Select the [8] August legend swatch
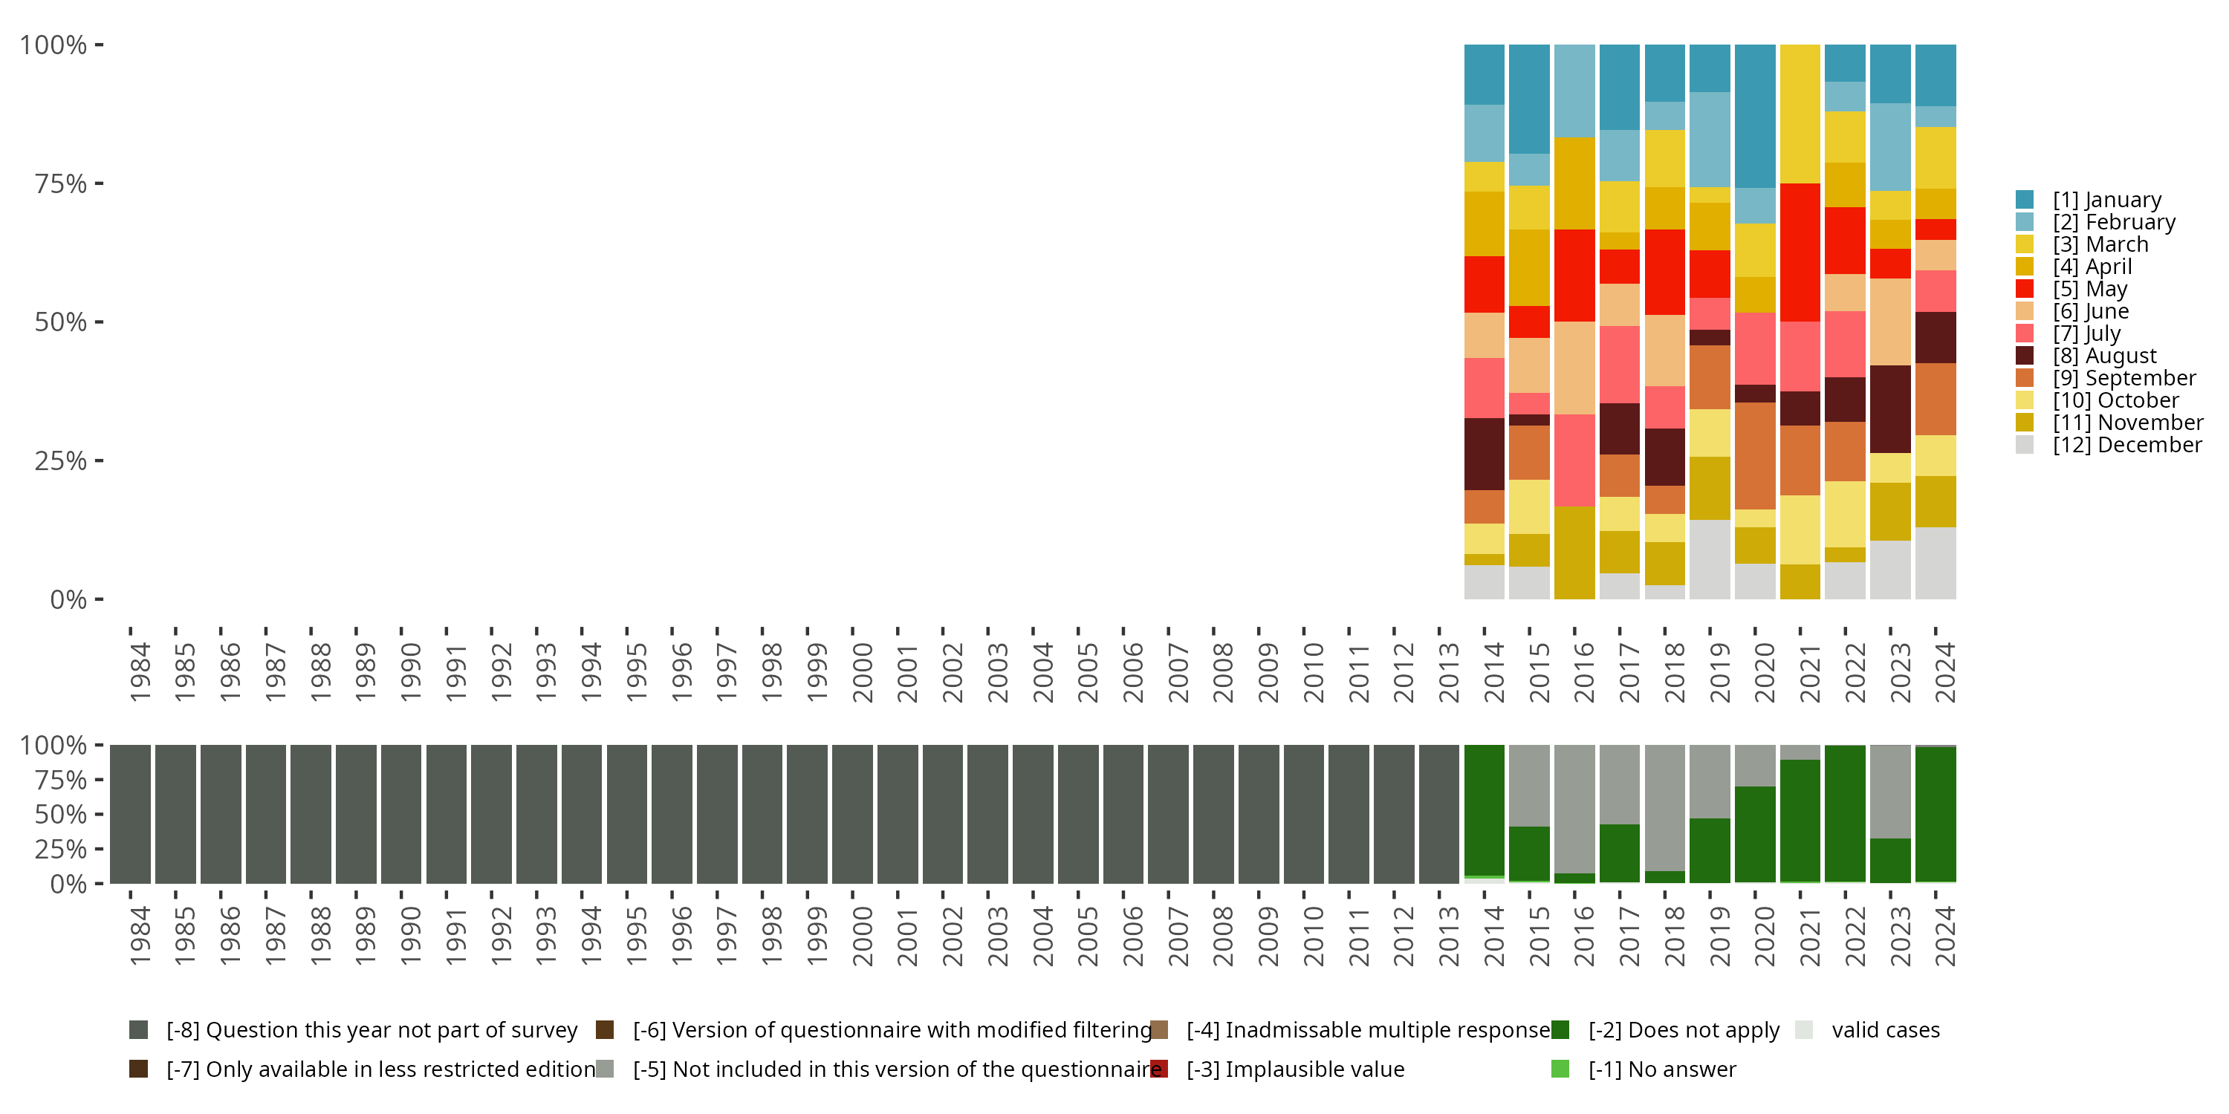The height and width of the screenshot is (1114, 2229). pyautogui.click(x=2025, y=356)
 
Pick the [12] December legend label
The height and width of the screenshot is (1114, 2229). pyautogui.click(x=2127, y=446)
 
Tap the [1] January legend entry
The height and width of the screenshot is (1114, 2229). pyautogui.click(x=2106, y=200)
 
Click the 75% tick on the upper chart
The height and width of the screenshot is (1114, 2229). pyautogui.click(x=61, y=183)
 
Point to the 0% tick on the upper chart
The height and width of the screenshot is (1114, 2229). pyautogui.click(x=68, y=599)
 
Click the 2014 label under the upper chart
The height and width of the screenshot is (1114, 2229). pyautogui.click(x=1494, y=672)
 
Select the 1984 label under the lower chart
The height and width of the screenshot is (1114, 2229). pyautogui.click(x=140, y=936)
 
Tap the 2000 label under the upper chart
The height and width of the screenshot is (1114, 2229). pyautogui.click(x=863, y=672)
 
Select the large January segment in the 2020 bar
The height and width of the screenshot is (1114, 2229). pyautogui.click(x=1755, y=116)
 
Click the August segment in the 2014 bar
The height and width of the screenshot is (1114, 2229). pyautogui.click(x=1484, y=454)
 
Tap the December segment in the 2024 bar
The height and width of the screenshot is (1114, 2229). pyautogui.click(x=1936, y=563)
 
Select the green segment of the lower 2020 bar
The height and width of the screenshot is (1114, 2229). pyautogui.click(x=1755, y=835)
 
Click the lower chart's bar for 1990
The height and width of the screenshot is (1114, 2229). pyautogui.click(x=401, y=814)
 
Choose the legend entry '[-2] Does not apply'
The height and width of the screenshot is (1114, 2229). pyautogui.click(x=1683, y=1030)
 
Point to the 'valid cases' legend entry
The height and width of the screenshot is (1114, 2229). pyautogui.click(x=1884, y=1030)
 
